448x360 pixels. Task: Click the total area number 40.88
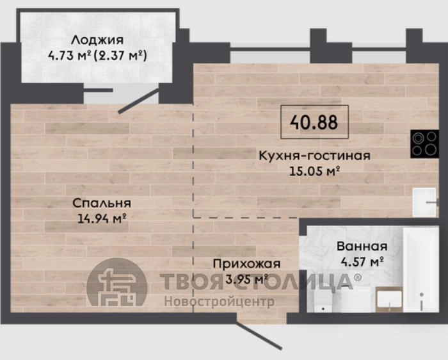tap(314, 122)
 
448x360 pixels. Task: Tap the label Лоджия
tap(97, 40)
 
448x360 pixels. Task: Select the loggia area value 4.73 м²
tap(69, 56)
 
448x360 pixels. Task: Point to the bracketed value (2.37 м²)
tap(120, 56)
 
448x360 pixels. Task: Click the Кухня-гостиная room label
tap(315, 156)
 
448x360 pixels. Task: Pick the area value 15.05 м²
tap(315, 171)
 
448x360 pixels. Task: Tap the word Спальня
tap(102, 203)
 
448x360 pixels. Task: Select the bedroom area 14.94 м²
tap(102, 218)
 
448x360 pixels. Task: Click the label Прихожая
tap(247, 264)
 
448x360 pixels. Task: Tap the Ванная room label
tap(362, 246)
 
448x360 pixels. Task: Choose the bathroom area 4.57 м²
tap(362, 261)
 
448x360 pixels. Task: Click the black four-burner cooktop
tap(424, 144)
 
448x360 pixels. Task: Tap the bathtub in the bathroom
tap(420, 269)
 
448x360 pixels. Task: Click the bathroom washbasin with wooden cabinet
tap(389, 299)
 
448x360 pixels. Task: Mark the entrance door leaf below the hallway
tap(259, 336)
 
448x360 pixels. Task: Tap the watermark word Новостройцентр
tap(219, 301)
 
